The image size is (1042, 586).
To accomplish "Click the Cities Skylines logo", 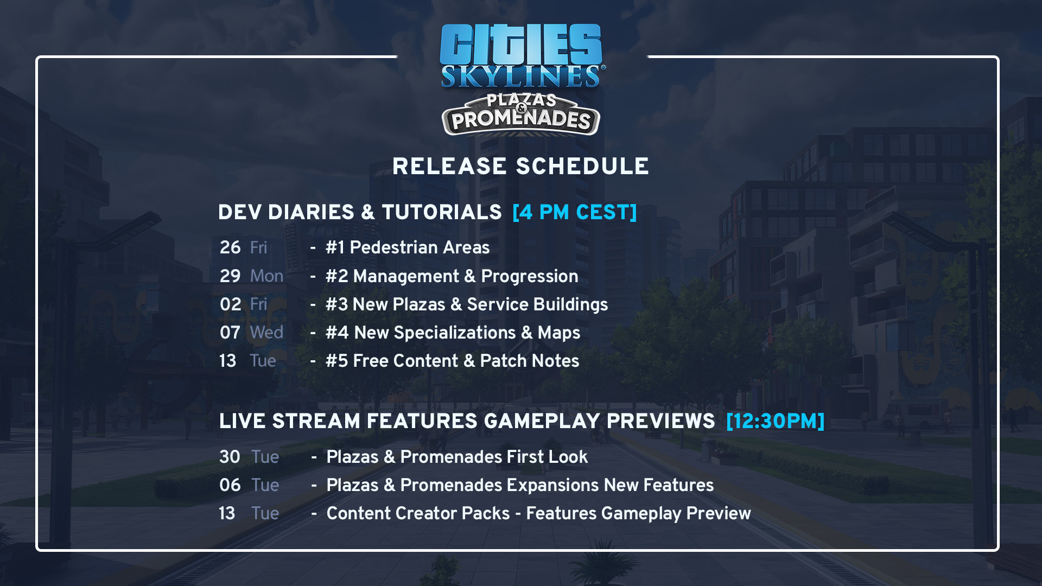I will point(521,56).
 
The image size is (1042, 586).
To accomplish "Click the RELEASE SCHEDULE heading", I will point(520,167).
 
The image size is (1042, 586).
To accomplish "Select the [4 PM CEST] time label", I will point(574,212).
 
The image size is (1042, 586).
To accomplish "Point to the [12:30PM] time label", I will point(775,421).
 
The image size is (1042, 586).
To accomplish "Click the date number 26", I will point(230,247).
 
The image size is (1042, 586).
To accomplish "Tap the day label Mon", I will point(266,276).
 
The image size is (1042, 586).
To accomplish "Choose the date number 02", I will point(230,304).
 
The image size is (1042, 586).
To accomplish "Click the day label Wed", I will point(266,333).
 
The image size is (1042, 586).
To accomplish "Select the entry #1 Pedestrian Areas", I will point(408,247).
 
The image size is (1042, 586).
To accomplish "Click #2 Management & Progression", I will point(452,276).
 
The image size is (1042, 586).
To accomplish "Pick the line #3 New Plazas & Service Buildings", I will point(467,304).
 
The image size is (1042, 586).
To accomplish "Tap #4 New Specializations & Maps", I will point(453,333).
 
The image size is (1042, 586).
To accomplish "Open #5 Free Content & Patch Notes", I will point(452,361).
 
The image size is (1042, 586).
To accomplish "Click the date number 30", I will point(230,457).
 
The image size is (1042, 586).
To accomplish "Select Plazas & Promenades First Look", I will point(457,457).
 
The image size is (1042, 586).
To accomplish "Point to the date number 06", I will point(230,485).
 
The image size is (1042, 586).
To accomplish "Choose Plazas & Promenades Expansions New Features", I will point(520,485).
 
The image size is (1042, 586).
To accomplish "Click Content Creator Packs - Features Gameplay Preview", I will point(538,513).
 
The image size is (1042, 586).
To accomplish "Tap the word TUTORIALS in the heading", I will point(441,212).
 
